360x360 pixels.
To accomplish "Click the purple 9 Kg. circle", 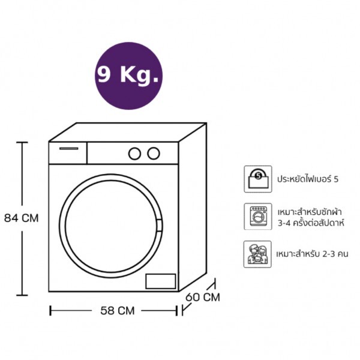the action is point(128,76).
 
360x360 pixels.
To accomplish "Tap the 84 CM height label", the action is point(22,218).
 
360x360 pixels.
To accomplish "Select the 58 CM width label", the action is point(118,311).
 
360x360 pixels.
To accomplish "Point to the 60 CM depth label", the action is point(203,297).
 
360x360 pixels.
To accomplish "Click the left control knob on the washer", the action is point(134,154).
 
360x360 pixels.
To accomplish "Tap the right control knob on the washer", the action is point(154,154).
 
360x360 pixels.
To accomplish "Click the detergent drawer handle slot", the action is point(69,149).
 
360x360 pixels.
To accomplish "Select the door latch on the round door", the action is point(159,226).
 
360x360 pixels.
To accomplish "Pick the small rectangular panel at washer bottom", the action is point(161,281).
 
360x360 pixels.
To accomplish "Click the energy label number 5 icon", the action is point(258,179).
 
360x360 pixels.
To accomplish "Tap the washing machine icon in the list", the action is point(258,217).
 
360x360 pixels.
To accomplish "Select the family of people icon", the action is point(257,254).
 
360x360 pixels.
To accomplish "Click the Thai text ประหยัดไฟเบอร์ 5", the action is point(308,179).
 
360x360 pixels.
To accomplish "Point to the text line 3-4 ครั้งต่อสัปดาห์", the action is point(311,223).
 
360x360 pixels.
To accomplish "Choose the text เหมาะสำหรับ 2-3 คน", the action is point(312,254).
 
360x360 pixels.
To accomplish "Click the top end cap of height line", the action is point(22,142).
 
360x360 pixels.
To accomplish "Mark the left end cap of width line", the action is point(50,311).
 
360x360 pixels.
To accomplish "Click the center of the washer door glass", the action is point(111,226).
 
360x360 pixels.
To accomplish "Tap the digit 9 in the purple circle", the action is point(103,74).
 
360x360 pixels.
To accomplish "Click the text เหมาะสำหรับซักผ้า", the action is point(310,212).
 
